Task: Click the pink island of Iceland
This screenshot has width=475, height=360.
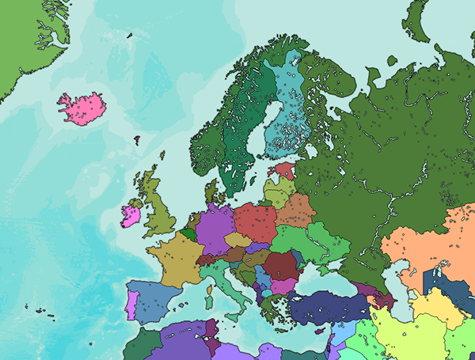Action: point(82,108)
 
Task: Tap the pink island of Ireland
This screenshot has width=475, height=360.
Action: point(131,216)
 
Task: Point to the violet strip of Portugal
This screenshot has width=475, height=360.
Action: point(131,305)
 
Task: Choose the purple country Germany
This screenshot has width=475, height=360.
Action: point(212,227)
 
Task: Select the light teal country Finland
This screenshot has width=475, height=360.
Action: point(284,119)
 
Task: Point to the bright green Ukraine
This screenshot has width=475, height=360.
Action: point(317,241)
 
